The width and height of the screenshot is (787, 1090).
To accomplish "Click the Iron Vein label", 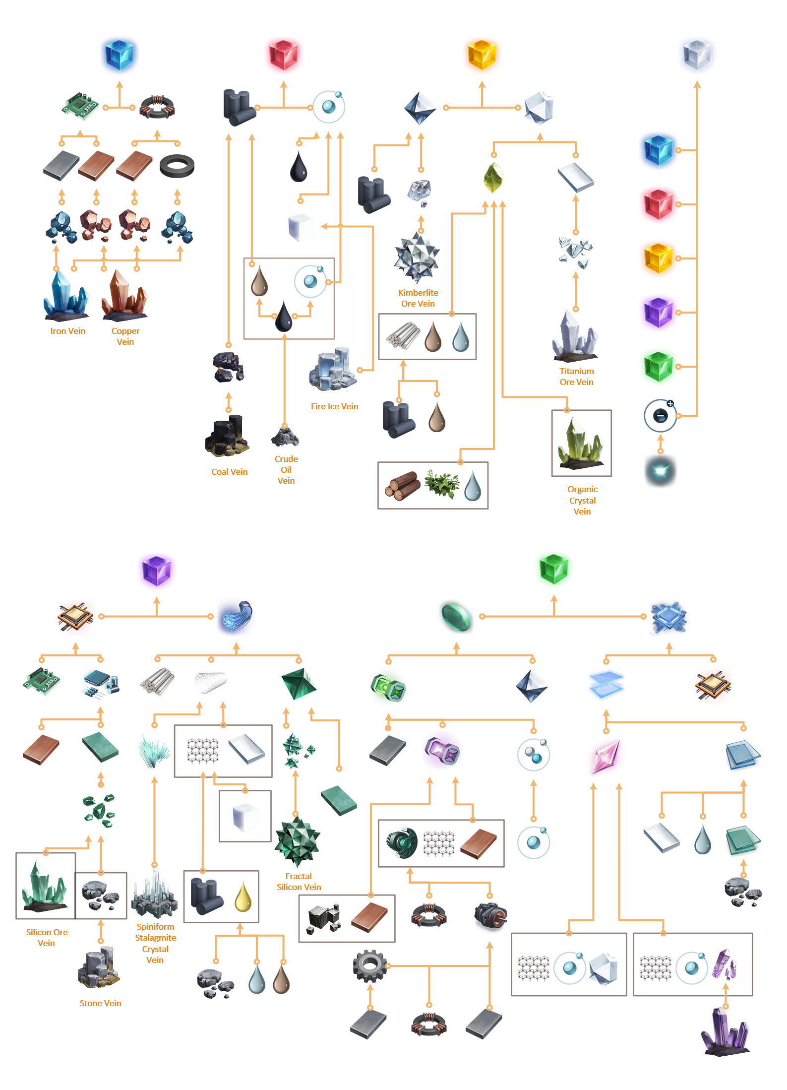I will pos(68,331).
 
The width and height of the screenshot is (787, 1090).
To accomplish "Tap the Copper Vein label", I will pos(125,336).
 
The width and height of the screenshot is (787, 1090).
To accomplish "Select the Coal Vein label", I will pos(229,472).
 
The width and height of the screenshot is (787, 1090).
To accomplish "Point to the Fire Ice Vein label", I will pos(334,406).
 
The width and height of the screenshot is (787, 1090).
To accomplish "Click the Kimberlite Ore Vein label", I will pos(418,298).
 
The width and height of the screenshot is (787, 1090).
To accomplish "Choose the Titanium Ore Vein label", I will pos(576,377).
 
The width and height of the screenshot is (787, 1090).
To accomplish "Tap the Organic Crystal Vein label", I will pos(582,500).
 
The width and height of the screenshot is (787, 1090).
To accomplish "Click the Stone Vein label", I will pos(100,1003).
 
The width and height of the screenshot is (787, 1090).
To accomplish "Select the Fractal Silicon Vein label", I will pos(299,882).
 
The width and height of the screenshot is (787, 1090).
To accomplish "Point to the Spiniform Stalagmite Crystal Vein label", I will pos(155,943).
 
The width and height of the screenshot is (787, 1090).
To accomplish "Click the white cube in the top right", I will pos(697,55).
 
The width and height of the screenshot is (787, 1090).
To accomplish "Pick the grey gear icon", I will pos(369,965).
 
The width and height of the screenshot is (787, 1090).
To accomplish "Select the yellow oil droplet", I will pos(243,897).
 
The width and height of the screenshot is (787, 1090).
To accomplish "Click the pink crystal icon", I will pos(605,757).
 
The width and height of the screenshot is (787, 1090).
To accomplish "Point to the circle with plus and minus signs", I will pos(660,415).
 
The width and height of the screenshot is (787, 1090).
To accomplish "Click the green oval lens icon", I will pos(456,616).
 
